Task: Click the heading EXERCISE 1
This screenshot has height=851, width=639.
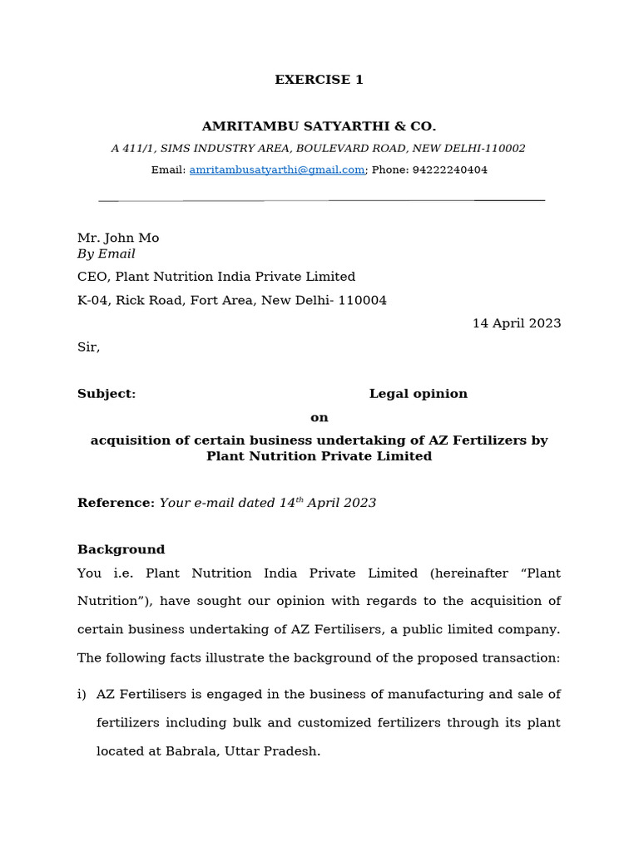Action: click(319, 80)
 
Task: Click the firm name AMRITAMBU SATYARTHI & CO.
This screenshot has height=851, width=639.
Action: click(319, 126)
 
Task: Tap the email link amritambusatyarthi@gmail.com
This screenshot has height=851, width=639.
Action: click(277, 170)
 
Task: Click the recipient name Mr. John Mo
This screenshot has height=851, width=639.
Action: click(118, 238)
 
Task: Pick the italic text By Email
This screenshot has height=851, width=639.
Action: click(106, 254)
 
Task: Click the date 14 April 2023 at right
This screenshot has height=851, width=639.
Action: click(516, 323)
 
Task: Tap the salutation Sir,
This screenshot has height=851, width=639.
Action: click(88, 347)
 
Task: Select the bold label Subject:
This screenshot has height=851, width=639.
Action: click(106, 394)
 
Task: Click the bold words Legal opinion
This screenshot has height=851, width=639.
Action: click(418, 394)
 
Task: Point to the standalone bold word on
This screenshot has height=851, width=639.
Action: click(319, 417)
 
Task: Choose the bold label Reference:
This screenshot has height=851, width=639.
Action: click(116, 503)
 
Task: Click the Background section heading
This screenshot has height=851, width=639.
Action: click(121, 549)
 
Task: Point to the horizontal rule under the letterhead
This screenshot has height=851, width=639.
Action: click(321, 200)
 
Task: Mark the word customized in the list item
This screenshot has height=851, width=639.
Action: click(343, 722)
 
